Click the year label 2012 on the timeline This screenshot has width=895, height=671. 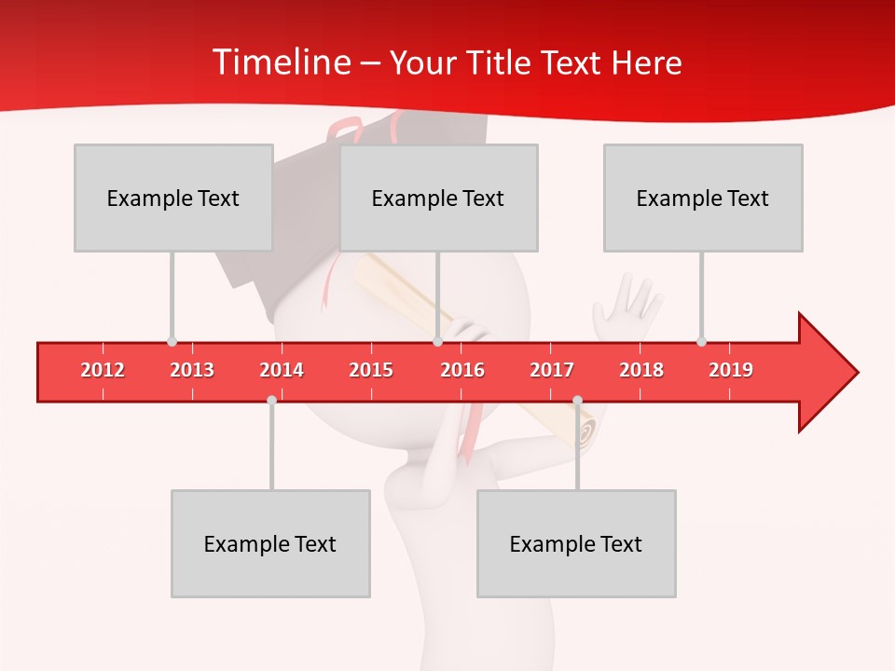pyautogui.click(x=103, y=370)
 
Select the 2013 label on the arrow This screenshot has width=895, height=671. pyautogui.click(x=192, y=370)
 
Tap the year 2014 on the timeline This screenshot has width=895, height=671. pyautogui.click(x=282, y=370)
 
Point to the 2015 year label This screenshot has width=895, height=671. pyautogui.click(x=371, y=370)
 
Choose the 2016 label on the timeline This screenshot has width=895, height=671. pyautogui.click(x=462, y=370)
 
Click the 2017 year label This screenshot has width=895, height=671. pyautogui.click(x=552, y=370)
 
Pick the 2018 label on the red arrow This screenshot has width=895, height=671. pyautogui.click(x=641, y=370)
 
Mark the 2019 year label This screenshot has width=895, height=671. pyautogui.click(x=731, y=370)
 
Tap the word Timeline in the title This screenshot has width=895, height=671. pyautogui.click(x=280, y=62)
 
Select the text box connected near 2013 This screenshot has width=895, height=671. pyautogui.click(x=173, y=198)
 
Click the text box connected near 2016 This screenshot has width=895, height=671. pyautogui.click(x=438, y=198)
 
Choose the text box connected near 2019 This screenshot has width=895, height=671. pyautogui.click(x=703, y=198)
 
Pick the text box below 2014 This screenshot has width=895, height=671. pyautogui.click(x=270, y=543)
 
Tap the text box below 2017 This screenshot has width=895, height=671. pyautogui.click(x=576, y=543)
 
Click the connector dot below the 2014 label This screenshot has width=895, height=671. pyautogui.click(x=271, y=400)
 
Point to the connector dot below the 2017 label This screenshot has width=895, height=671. pyautogui.click(x=577, y=400)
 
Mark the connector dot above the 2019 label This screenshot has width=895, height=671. pyautogui.click(x=702, y=341)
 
